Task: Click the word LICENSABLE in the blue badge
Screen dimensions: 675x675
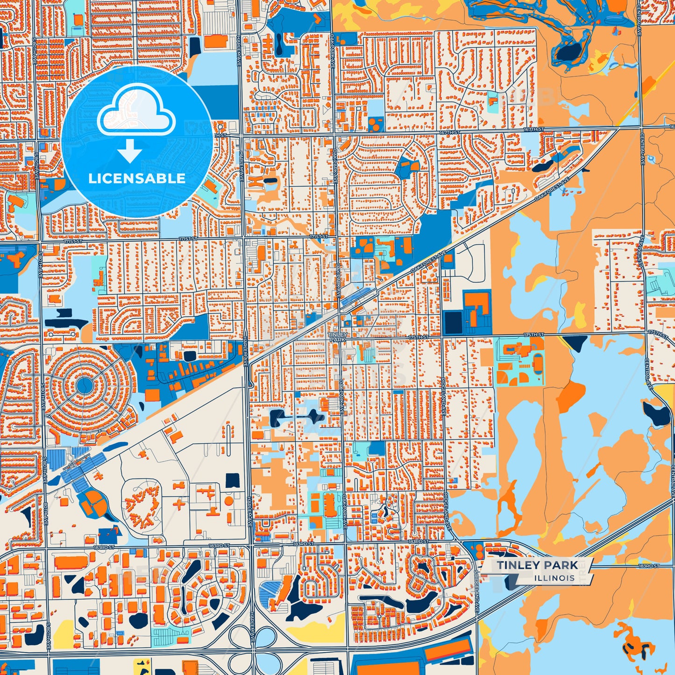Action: pyautogui.click(x=137, y=178)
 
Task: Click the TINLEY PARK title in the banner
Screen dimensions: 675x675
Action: pyautogui.click(x=537, y=565)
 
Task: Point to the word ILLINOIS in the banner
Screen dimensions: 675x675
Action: pyautogui.click(x=555, y=578)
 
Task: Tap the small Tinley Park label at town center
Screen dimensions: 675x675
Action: pyautogui.click(x=337, y=337)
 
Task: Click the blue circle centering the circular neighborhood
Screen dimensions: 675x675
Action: pyautogui.click(x=85, y=385)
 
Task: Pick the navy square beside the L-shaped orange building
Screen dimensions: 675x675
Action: pyautogui.click(x=453, y=322)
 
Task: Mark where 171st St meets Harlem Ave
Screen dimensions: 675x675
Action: pyautogui.click(x=243, y=239)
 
